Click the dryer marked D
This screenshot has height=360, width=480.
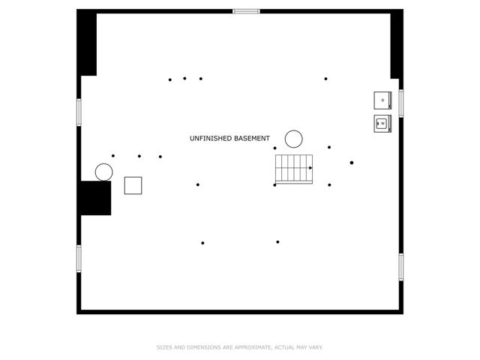click(x=382, y=100)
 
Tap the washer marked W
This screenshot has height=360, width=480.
click(x=382, y=124)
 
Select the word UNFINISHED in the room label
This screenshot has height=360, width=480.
click(x=211, y=138)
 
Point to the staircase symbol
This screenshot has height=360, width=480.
click(x=294, y=169)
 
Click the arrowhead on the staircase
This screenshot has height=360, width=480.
click(x=310, y=168)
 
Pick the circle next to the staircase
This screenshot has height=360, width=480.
click(x=294, y=139)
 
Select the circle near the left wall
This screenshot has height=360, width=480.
click(x=104, y=172)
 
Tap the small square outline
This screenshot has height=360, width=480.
click(x=133, y=185)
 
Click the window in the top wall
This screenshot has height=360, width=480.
click(x=246, y=12)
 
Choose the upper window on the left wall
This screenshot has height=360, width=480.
click(x=79, y=112)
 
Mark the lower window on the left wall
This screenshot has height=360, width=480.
click(x=79, y=259)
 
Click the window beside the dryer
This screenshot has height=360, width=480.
click(x=401, y=103)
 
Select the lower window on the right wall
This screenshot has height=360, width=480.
click(x=401, y=267)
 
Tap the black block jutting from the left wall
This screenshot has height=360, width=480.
click(x=96, y=198)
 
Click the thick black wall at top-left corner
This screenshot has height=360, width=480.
click(x=87, y=43)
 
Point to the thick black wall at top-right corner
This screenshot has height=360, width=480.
click(x=397, y=44)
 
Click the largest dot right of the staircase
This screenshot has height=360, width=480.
click(x=352, y=163)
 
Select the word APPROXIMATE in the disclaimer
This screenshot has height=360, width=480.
click(x=253, y=347)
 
